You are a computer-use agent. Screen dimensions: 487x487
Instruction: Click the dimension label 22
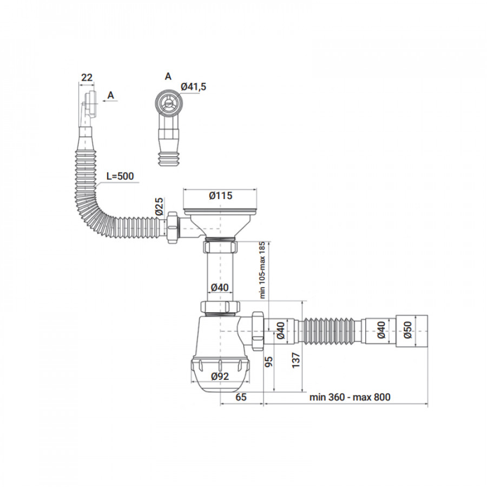(87, 77)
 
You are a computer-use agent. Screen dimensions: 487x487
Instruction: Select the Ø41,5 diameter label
(193, 87)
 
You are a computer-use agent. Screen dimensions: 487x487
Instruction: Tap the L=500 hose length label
(120, 176)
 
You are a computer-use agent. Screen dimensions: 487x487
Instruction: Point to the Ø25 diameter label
(159, 206)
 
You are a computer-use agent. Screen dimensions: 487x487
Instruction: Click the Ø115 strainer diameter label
(221, 196)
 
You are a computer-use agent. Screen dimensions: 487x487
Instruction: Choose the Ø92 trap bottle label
(220, 377)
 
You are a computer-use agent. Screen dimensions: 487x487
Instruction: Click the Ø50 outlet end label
(408, 330)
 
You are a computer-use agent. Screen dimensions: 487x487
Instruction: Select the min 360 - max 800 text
(350, 397)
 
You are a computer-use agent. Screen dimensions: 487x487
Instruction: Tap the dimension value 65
(241, 397)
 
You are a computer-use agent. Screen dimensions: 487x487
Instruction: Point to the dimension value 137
(296, 360)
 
